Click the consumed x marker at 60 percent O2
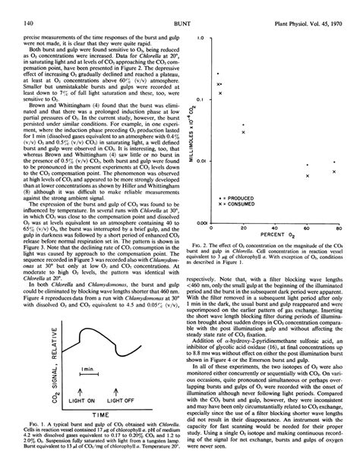pos(307,176)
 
